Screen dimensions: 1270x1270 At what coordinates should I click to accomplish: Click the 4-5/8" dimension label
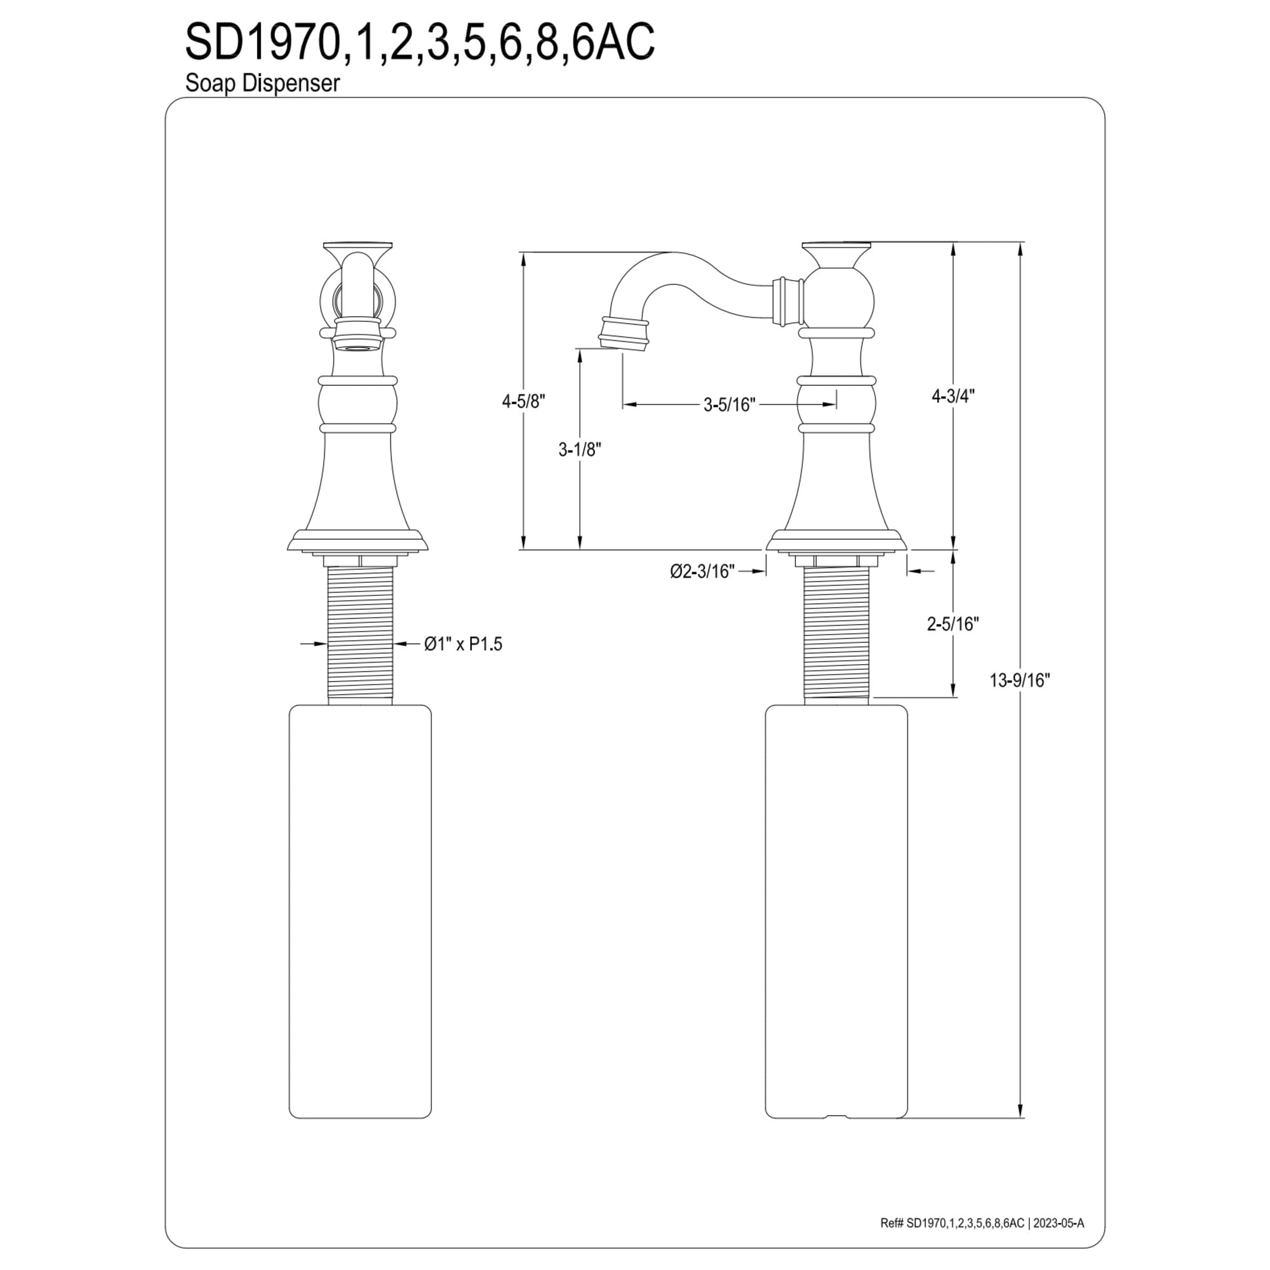click(524, 402)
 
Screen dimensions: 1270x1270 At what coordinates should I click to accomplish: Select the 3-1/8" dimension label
click(580, 450)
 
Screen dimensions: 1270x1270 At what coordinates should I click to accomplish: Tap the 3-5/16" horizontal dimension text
click(730, 405)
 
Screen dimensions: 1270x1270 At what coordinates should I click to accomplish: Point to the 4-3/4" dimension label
click(953, 396)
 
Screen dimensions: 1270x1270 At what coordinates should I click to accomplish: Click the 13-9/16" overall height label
click(1020, 680)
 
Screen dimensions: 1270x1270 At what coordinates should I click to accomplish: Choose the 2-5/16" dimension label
click(953, 624)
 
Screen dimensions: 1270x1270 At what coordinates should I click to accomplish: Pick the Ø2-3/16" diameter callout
click(702, 571)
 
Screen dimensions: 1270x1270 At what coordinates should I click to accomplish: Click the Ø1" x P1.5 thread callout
click(463, 643)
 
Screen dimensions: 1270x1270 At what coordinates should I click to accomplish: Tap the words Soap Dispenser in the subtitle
click(262, 83)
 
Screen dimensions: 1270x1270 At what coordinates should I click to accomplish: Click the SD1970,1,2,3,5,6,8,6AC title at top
click(420, 42)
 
